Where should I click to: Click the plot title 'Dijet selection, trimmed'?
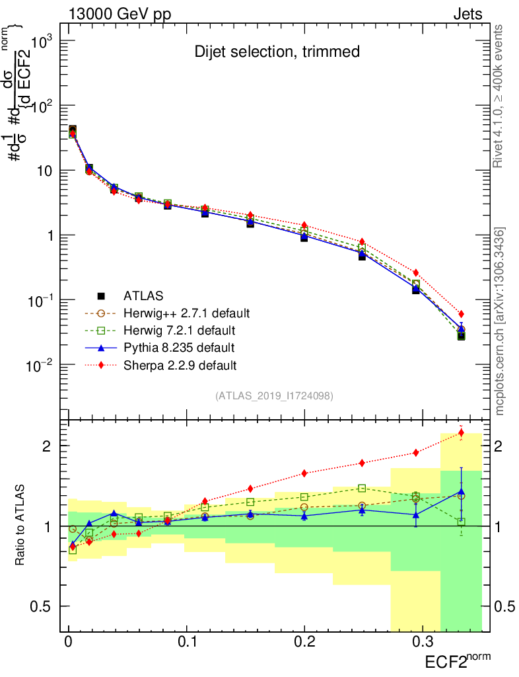click(x=277, y=52)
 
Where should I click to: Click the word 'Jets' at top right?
click(x=467, y=14)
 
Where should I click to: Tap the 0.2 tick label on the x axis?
click(x=304, y=643)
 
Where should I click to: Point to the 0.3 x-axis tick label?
click(x=421, y=643)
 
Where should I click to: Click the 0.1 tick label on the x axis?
click(x=187, y=643)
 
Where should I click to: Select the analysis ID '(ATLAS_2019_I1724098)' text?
click(x=273, y=396)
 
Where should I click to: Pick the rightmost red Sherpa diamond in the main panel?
click(x=462, y=314)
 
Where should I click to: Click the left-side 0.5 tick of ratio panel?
click(x=43, y=606)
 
